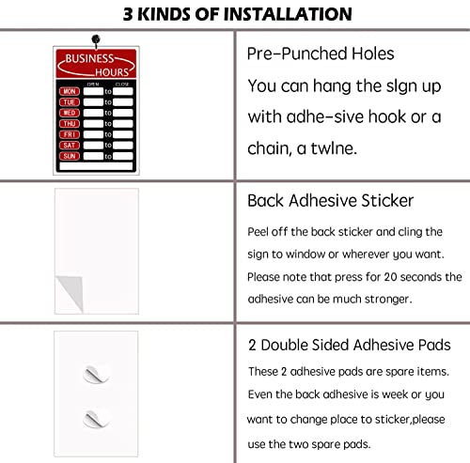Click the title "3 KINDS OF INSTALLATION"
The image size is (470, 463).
tap(234, 13)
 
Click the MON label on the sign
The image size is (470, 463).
tap(69, 91)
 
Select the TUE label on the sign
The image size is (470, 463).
tap(69, 102)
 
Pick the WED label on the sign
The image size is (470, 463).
tap(69, 113)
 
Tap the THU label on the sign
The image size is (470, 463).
tap(69, 123)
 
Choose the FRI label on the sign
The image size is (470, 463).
tap(69, 133)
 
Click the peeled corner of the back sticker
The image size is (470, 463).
tap(65, 282)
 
